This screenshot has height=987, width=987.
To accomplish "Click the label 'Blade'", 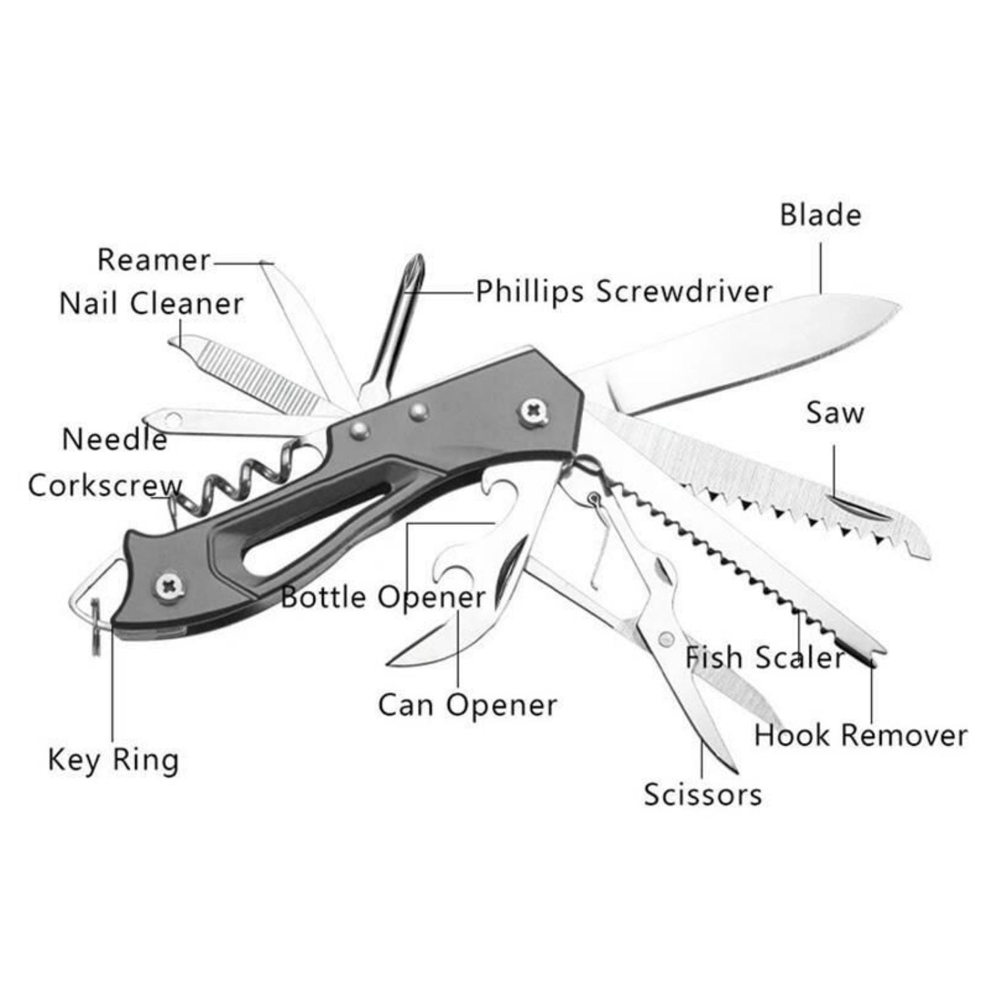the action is [x=821, y=215].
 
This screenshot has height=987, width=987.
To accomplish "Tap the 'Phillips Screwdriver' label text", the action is [x=624, y=291].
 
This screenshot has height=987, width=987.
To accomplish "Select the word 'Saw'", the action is [x=835, y=413].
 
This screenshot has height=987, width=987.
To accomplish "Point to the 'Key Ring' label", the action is [x=113, y=760].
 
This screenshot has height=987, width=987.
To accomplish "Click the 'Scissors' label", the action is [x=703, y=794].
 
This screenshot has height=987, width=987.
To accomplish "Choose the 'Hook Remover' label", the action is [x=861, y=735].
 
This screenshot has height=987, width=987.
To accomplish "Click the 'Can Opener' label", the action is [x=467, y=705].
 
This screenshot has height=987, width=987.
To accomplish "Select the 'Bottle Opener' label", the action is [x=383, y=597].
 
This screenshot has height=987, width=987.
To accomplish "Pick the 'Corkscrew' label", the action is [x=105, y=486].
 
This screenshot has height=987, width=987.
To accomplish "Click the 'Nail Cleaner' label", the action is [x=151, y=303].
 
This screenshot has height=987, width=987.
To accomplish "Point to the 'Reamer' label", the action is [x=154, y=259].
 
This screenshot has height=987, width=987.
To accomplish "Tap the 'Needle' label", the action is [x=114, y=439].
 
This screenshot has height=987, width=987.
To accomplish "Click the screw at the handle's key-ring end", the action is [x=169, y=585].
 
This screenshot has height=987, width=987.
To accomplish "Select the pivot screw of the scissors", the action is [x=666, y=638].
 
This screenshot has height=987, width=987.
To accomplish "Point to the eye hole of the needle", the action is [x=173, y=417].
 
